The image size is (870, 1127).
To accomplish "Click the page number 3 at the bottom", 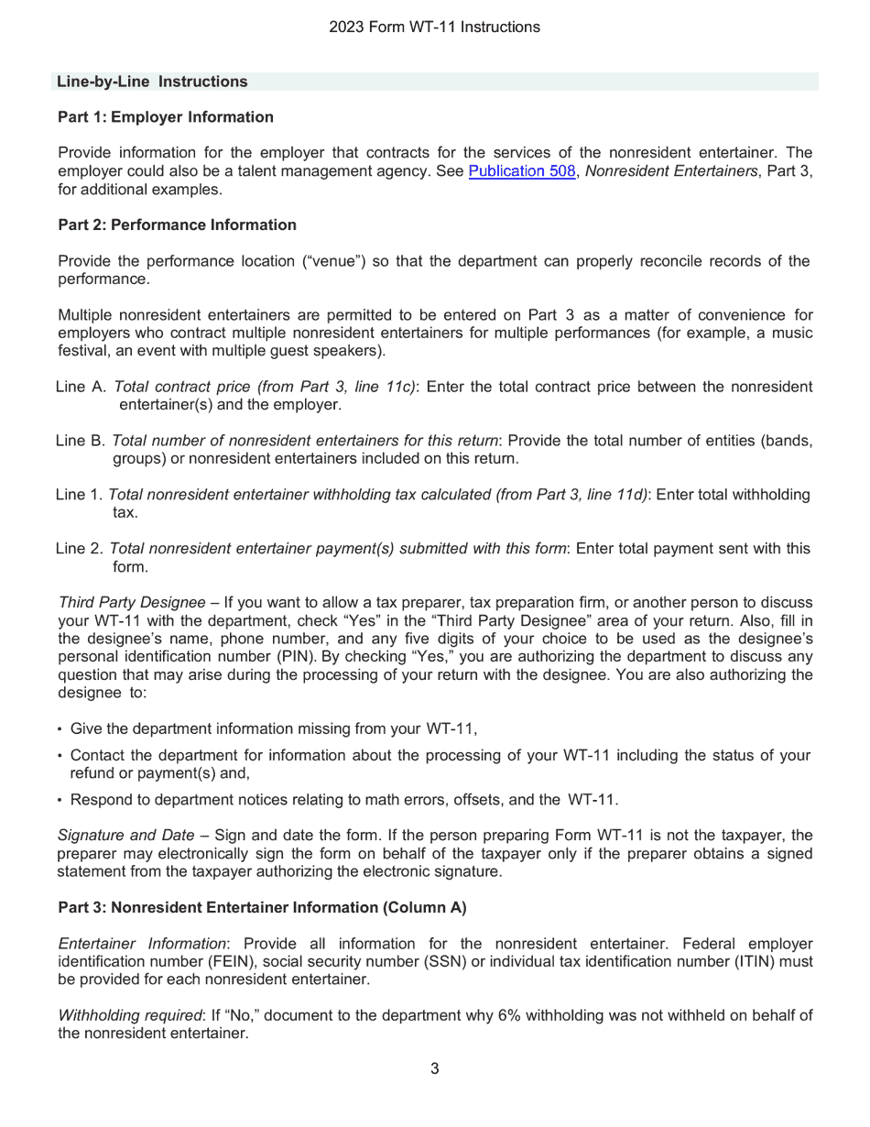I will coord(434,1068).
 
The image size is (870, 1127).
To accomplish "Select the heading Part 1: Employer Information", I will coord(165,117).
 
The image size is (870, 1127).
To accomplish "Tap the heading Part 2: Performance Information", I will coord(177,225).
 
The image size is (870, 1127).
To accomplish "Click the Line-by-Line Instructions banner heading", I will coord(152,82).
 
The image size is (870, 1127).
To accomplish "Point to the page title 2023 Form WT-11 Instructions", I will coord(434,27).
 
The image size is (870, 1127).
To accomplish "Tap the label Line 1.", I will coord(79,495).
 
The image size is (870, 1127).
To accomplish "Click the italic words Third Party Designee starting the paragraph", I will coord(132,603).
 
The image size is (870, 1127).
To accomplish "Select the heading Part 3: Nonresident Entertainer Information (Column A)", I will coord(262,908).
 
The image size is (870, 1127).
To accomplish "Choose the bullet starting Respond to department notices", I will coord(343,800).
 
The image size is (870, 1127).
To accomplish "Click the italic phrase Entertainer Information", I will coord(142,944).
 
